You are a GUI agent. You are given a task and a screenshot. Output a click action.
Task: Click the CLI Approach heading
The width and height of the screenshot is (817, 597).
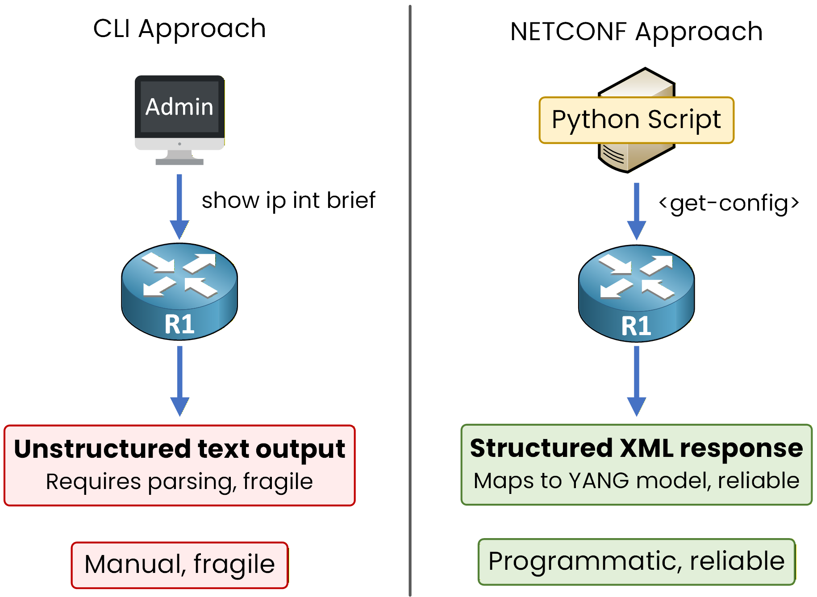[179, 29]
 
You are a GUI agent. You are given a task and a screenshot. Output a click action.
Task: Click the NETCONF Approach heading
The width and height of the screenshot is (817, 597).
[636, 32]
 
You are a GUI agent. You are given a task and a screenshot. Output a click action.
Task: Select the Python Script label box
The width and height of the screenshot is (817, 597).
[636, 120]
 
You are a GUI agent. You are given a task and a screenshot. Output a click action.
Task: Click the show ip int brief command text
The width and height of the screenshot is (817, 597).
[288, 200]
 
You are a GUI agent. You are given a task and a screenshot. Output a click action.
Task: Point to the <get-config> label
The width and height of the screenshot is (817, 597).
[729, 203]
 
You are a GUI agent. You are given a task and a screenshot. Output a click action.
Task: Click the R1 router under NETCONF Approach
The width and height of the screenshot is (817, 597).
[636, 293]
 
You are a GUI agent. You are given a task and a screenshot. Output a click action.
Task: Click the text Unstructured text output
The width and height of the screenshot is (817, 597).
[179, 449]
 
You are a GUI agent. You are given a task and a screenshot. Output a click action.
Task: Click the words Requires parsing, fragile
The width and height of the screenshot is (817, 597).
[179, 482]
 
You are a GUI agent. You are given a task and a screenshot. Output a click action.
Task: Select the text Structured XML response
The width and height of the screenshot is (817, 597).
[636, 448]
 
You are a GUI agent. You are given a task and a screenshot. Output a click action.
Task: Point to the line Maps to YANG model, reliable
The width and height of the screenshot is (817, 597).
[636, 481]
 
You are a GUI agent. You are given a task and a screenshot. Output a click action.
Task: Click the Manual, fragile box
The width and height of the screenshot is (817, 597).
[179, 565]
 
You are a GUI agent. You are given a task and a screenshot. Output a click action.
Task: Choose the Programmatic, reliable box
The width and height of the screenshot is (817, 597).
[636, 562]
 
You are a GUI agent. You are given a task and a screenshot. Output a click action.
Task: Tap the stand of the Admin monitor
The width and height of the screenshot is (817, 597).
[179, 158]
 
